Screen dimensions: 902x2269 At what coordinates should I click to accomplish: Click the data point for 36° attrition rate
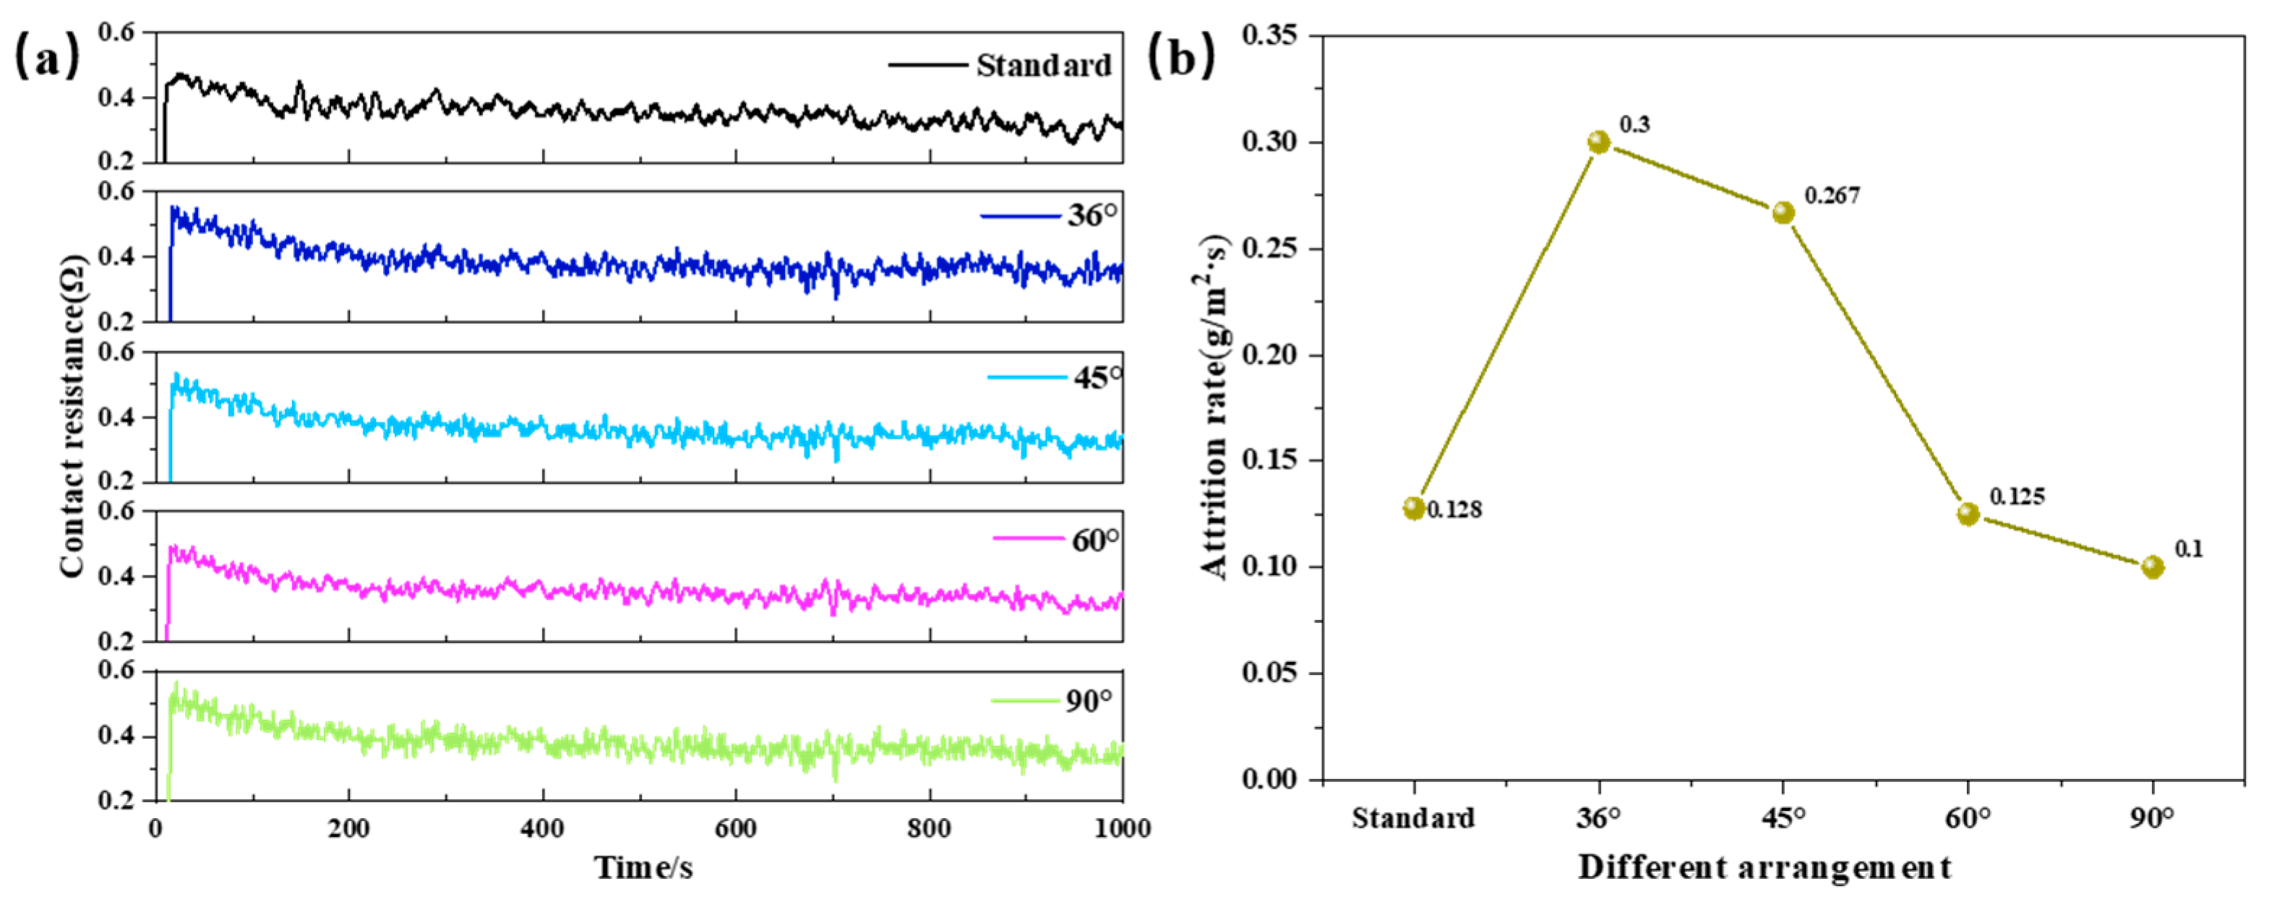(x=1599, y=142)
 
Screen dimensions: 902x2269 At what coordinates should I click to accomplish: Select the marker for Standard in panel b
(x=1414, y=508)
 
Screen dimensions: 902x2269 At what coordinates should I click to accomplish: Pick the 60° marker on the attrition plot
(x=1968, y=515)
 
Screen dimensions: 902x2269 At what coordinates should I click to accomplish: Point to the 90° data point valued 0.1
(x=2153, y=567)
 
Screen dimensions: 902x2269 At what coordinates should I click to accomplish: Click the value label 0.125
(x=2017, y=497)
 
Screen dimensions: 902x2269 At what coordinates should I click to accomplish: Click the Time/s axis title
(x=643, y=867)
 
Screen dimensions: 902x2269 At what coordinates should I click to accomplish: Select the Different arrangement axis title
(x=1764, y=867)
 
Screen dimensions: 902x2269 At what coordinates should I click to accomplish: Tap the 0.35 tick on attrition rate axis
(x=1269, y=36)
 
